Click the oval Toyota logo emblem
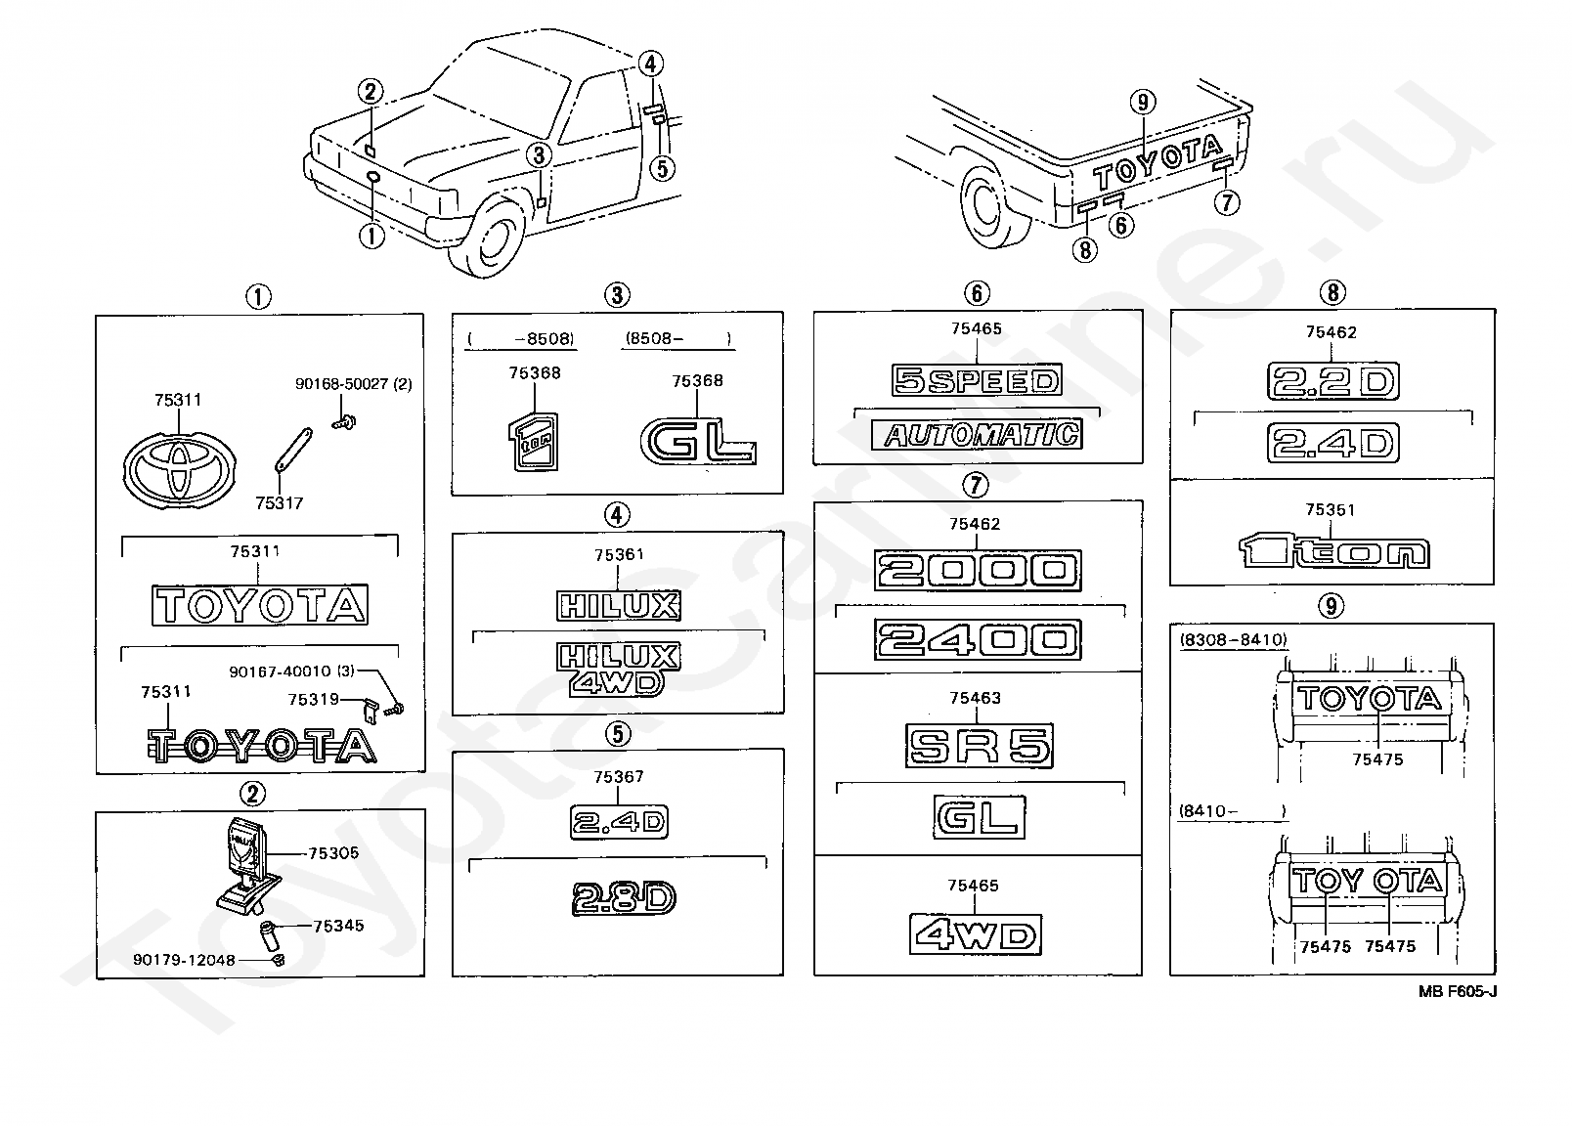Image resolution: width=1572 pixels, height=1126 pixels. click(x=180, y=469)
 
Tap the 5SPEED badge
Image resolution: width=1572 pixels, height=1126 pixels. click(x=977, y=380)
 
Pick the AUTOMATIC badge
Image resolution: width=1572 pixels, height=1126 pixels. click(x=977, y=435)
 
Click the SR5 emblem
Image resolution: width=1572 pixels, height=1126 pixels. click(x=979, y=745)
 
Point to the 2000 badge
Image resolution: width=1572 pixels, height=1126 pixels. click(x=978, y=571)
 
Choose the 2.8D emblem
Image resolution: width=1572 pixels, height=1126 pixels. click(x=624, y=898)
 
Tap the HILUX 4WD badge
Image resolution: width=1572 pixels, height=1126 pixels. click(x=618, y=670)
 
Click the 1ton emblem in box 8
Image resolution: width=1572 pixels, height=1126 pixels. click(x=1333, y=552)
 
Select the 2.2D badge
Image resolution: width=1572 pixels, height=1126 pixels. click(x=1332, y=381)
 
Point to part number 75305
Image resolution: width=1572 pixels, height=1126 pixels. click(x=333, y=853)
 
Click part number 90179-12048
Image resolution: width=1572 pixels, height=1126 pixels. click(x=184, y=960)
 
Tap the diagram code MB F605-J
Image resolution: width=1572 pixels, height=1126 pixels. click(x=1458, y=991)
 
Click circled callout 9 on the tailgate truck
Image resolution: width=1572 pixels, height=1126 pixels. click(x=1143, y=103)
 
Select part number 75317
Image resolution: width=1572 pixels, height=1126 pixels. click(x=280, y=503)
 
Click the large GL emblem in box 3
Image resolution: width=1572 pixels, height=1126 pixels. click(x=698, y=441)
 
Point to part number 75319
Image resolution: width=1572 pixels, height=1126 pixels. click(x=313, y=700)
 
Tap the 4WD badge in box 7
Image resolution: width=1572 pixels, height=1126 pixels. click(x=976, y=934)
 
